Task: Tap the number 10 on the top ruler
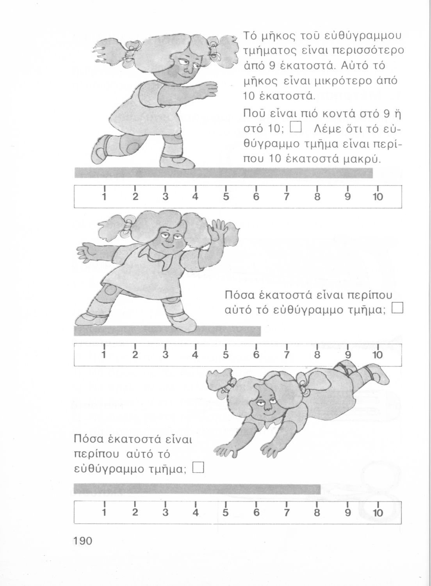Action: (378, 197)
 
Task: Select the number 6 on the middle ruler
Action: (256, 355)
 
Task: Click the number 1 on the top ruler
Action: (104, 197)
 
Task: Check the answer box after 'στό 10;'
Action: (296, 128)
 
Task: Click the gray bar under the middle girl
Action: (167, 331)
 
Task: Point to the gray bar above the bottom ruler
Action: (197, 489)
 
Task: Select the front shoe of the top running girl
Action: (177, 163)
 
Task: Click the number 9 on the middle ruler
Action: (347, 355)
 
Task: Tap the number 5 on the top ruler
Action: (226, 197)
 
